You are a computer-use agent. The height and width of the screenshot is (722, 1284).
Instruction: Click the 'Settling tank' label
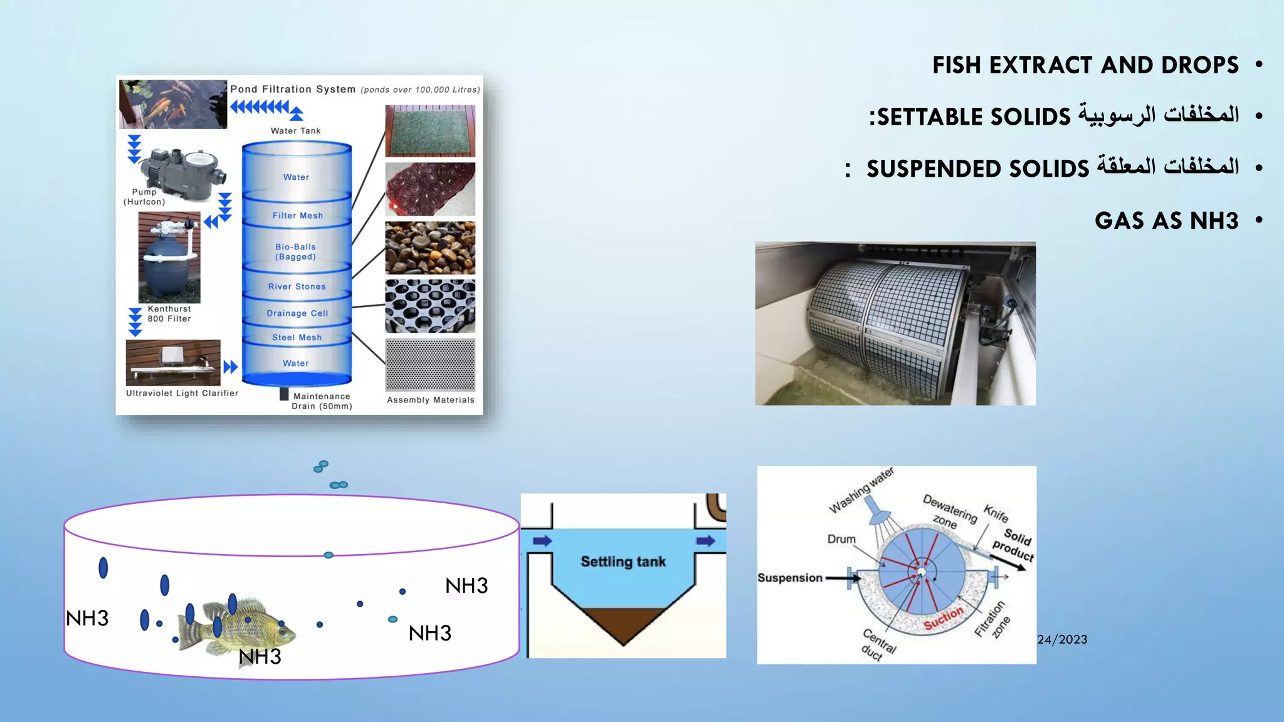point(623,562)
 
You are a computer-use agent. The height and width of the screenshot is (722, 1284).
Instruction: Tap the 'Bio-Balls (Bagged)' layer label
point(295,252)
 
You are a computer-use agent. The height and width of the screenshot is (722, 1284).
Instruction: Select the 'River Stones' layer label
point(297,286)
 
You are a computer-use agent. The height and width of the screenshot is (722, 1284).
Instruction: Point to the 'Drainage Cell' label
point(297,313)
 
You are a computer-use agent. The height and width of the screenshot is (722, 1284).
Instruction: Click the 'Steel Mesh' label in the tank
point(297,337)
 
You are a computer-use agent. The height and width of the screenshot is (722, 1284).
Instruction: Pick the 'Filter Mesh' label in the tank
point(298,216)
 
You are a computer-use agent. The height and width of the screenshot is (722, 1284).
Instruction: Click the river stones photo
point(430,248)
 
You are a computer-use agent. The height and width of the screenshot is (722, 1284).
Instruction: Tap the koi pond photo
point(173,104)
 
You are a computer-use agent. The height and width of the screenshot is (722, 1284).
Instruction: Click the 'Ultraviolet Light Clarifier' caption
point(182,394)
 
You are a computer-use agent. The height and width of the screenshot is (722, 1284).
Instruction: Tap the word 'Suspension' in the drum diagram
point(789,578)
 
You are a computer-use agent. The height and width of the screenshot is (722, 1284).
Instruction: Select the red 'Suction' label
point(944,619)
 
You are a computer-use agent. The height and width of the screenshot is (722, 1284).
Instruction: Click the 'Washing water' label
point(861,491)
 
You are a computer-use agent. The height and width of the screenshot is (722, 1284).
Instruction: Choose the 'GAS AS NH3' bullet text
point(1166,221)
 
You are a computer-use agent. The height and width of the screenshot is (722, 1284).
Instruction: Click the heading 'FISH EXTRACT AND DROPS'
point(1085,65)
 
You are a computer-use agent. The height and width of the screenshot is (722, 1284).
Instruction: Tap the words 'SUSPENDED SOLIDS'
point(977,169)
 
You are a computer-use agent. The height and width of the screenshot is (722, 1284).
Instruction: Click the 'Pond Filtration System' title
point(293,89)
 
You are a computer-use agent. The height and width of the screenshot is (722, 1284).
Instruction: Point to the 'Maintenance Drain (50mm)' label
point(322,401)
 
